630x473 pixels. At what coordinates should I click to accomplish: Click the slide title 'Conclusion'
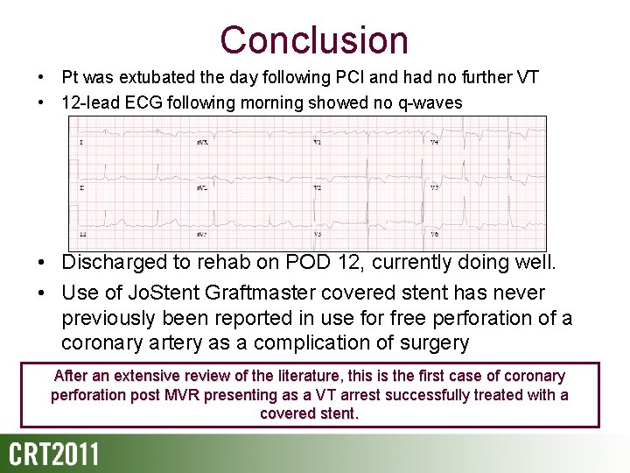point(314,40)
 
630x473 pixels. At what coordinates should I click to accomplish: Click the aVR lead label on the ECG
point(201,142)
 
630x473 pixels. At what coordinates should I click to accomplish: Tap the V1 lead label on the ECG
point(317,142)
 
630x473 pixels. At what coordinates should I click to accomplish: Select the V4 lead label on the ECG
point(434,142)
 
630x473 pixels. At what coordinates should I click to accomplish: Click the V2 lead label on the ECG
point(317,188)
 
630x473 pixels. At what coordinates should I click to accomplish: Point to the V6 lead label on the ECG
point(434,235)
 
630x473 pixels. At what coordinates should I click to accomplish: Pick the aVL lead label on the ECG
point(201,188)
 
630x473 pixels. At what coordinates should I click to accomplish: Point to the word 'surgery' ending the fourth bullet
point(428,342)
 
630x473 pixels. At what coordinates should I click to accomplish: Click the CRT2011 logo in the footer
point(54,455)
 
